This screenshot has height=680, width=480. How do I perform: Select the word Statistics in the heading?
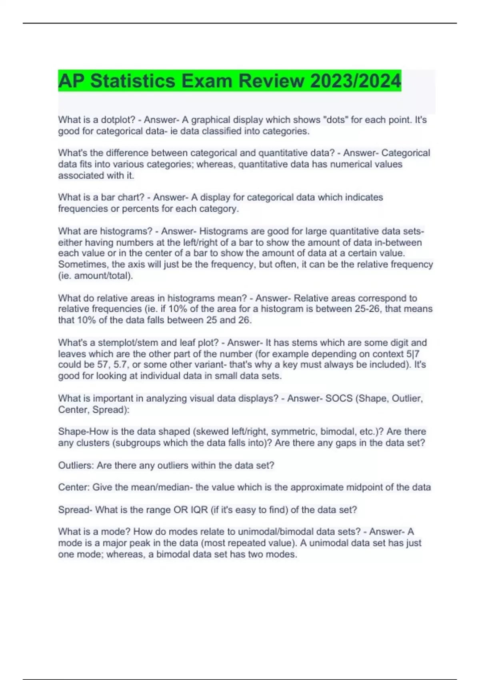coord(132,81)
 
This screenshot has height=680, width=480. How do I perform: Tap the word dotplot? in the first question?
coord(118,120)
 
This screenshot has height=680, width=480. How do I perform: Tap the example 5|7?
coord(412,354)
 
